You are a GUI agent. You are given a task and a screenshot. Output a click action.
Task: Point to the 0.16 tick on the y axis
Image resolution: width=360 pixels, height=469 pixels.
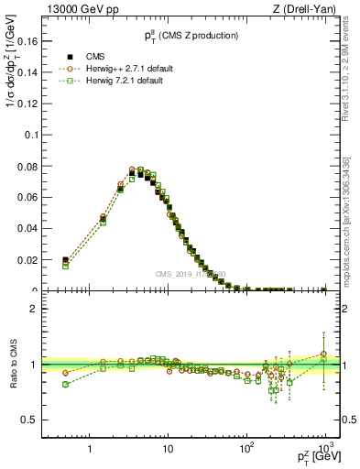pyautogui.click(x=38, y=41)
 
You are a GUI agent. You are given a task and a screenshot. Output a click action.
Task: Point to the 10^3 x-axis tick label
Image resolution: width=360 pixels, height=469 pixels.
pyautogui.click(x=323, y=449)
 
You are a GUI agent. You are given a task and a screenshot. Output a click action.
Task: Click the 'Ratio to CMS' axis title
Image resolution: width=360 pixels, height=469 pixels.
pyautogui.click(x=14, y=365)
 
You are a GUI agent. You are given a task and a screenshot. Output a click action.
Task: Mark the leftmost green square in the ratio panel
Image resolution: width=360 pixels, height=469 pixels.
pyautogui.click(x=65, y=385)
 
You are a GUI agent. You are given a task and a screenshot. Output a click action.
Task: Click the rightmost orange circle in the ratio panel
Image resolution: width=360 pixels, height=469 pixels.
pyautogui.click(x=323, y=354)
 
